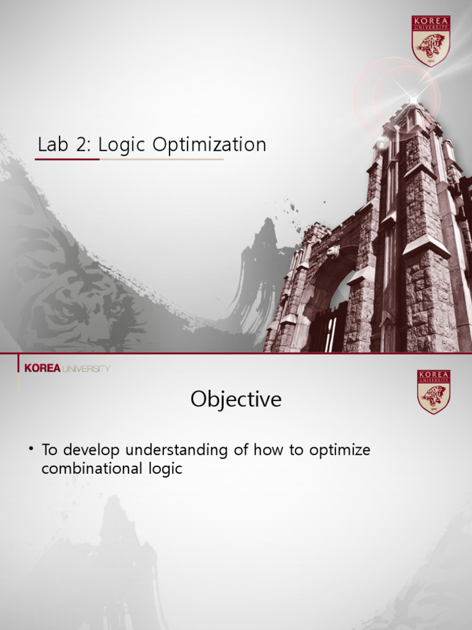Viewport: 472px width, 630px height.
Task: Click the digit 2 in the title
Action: (81, 145)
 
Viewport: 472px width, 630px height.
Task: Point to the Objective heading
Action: (236, 399)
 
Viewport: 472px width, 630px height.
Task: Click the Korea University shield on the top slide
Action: (431, 40)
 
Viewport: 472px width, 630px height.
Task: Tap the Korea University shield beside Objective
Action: (434, 392)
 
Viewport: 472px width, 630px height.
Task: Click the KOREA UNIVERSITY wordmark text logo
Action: (67, 369)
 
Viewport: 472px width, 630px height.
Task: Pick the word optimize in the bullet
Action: (340, 450)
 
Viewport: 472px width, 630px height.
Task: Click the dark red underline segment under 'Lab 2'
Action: (67, 159)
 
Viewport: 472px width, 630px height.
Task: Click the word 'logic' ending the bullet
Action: (165, 469)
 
